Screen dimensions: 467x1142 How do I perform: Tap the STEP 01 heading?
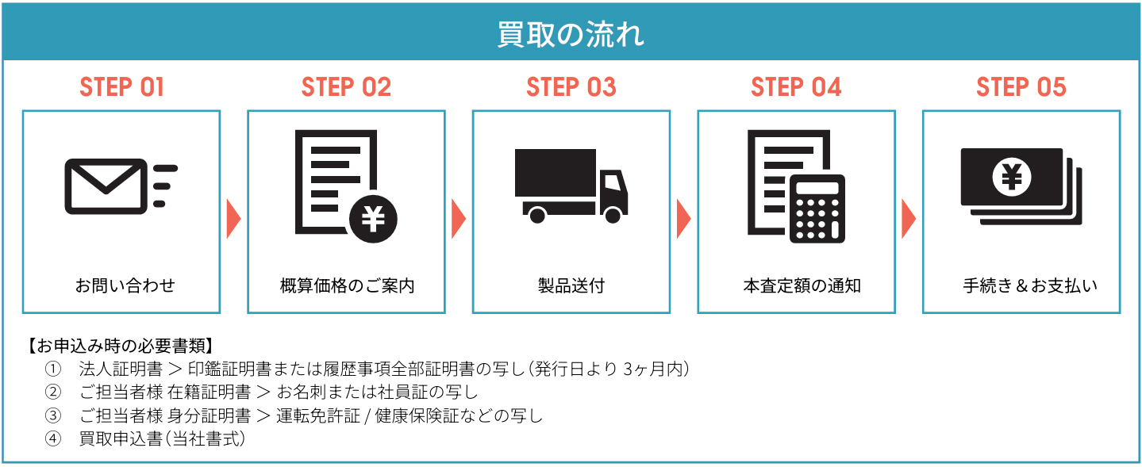point(121,87)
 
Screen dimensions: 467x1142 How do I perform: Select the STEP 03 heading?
point(571,87)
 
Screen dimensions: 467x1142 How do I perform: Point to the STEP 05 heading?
point(1021,87)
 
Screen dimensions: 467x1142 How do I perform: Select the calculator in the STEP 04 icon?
point(817,208)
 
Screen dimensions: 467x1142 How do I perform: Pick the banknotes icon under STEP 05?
point(1021,186)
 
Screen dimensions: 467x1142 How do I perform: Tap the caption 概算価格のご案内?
point(347,285)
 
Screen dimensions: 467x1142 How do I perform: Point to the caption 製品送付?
point(571,285)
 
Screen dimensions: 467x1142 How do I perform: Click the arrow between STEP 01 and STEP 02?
point(233,218)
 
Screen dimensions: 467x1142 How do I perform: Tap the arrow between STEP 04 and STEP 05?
point(909,218)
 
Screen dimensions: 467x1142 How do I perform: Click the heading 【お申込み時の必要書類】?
point(120,346)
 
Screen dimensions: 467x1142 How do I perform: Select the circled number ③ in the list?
point(53,415)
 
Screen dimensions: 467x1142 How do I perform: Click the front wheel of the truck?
point(612,215)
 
